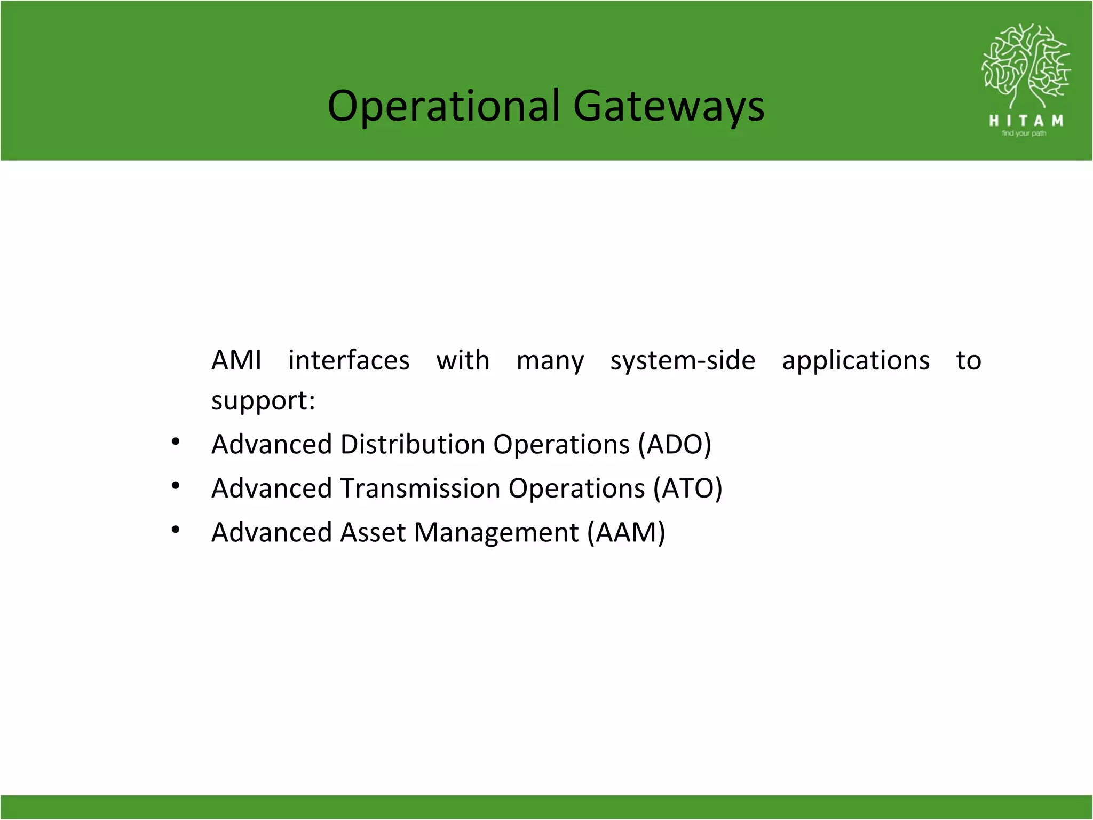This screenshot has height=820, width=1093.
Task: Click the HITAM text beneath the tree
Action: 1026,121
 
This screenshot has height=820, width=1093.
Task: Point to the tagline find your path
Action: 1024,133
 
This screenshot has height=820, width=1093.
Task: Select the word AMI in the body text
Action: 236,360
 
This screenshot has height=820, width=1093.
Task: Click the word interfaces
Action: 349,360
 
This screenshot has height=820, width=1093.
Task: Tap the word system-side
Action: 683,360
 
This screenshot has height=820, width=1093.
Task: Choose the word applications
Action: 856,360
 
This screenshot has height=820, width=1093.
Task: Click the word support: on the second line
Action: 263,401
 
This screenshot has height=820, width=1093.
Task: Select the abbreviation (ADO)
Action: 675,444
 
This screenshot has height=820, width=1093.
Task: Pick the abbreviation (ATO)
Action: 688,488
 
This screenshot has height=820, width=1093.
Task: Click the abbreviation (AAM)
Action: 626,532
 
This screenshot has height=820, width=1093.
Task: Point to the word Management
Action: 496,533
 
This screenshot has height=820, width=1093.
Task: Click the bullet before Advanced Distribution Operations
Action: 176,442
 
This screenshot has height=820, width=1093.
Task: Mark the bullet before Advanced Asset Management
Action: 176,530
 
